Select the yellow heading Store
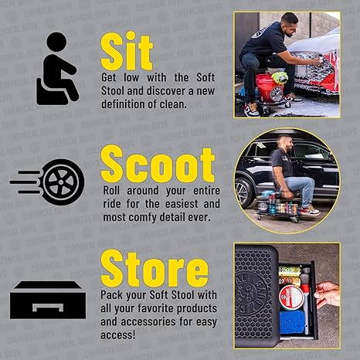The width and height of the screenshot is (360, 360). point(155,270)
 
